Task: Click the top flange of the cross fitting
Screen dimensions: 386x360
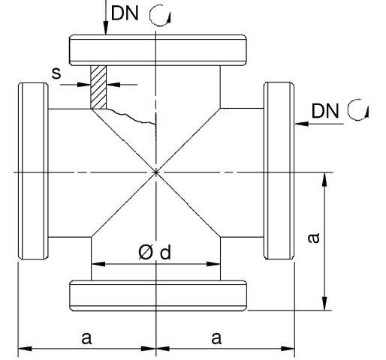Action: [x=158, y=50]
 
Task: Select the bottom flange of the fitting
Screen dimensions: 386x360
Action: [x=158, y=295]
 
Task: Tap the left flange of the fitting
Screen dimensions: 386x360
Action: [x=33, y=171]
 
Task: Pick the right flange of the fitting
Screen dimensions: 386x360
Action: [x=279, y=170]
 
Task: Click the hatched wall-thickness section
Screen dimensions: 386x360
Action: [x=98, y=87]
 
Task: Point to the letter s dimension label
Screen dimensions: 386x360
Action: [x=56, y=73]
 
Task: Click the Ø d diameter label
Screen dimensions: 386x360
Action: [x=155, y=252]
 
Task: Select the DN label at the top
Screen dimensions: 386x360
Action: [x=125, y=13]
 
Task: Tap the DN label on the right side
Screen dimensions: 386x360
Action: [x=325, y=111]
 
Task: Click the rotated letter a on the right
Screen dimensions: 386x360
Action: [x=314, y=238]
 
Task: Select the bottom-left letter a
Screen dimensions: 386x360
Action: [x=86, y=338]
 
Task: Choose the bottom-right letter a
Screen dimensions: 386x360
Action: [x=216, y=338]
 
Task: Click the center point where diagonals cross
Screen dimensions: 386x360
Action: [x=156, y=172]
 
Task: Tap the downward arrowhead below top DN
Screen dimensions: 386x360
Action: [x=106, y=28]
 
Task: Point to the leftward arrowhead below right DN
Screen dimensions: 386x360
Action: [x=302, y=124]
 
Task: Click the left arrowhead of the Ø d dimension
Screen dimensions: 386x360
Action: [x=98, y=264]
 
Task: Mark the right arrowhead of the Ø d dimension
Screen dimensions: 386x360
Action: [x=213, y=264]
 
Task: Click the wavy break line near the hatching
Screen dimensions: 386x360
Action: [x=130, y=117]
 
